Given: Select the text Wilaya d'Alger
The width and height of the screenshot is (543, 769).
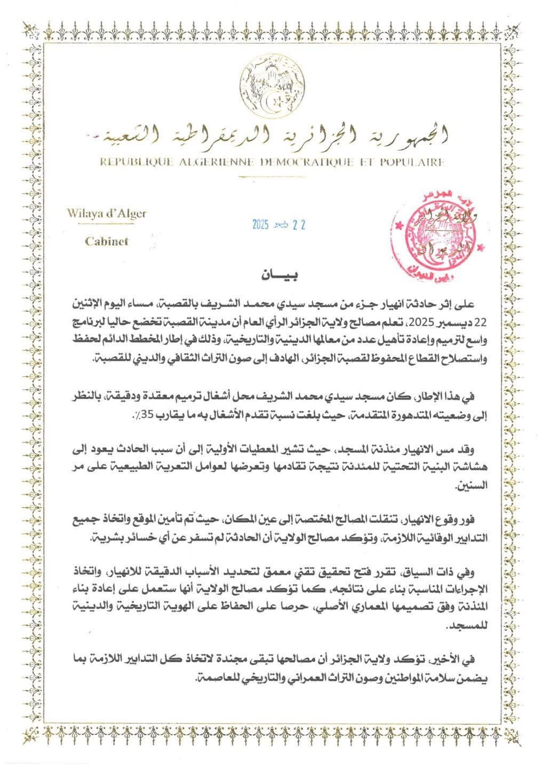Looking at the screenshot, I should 107,214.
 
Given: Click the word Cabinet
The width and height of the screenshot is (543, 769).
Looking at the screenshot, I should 107,241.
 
